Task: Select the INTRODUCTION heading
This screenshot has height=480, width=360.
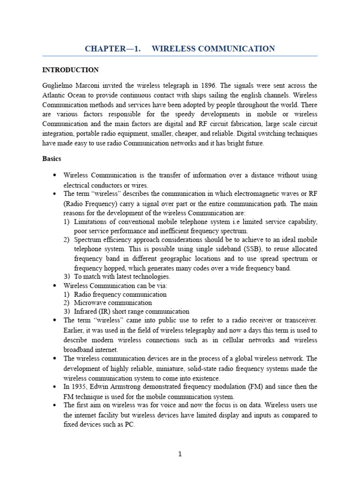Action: [70, 70]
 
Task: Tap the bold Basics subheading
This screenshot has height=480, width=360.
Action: [52, 159]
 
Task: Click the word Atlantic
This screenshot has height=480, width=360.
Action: [54, 95]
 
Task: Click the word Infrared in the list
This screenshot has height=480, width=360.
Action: [86, 311]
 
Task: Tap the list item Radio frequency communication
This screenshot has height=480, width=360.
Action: [120, 294]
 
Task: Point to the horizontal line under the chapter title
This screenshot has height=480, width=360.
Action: [180, 56]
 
